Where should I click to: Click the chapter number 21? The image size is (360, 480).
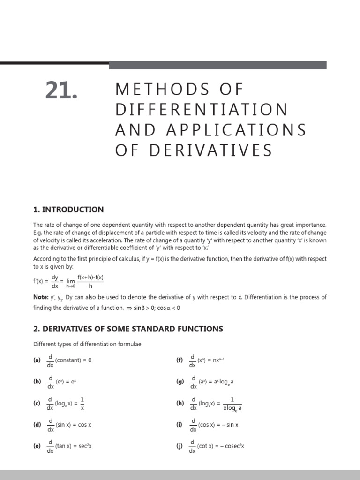61,90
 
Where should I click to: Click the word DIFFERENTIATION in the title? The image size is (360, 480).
202,109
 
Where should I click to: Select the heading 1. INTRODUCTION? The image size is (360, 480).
68,210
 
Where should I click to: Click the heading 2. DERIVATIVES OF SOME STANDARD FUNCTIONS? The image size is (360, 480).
128,329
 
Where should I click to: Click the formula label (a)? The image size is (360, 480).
37,360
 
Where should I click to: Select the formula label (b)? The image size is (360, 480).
37,382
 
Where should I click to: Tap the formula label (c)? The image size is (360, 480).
37,403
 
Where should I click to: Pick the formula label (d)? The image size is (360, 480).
37,425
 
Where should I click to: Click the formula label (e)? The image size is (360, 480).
37,446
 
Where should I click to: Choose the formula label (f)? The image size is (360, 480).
180,360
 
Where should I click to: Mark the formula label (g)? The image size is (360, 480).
180,382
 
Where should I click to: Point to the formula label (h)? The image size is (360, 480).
180,403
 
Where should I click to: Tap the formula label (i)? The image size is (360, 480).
179,425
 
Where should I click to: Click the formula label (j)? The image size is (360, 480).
179,446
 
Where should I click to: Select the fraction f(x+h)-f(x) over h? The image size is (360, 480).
90,281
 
